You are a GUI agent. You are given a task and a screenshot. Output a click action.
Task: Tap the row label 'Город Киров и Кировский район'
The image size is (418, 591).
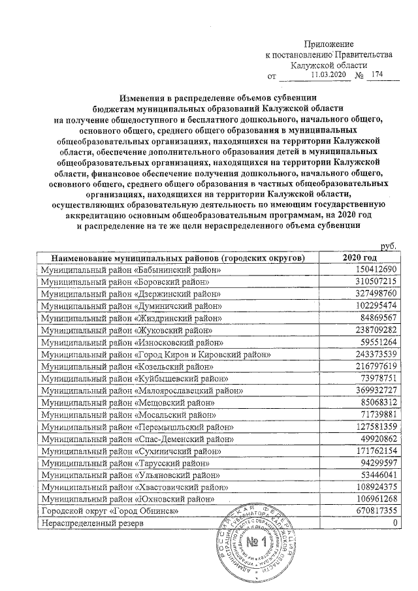click(x=156, y=354)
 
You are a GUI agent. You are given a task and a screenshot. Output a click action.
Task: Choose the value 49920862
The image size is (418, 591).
click(x=376, y=438)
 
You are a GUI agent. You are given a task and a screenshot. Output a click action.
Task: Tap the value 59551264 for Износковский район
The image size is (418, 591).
click(x=376, y=342)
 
